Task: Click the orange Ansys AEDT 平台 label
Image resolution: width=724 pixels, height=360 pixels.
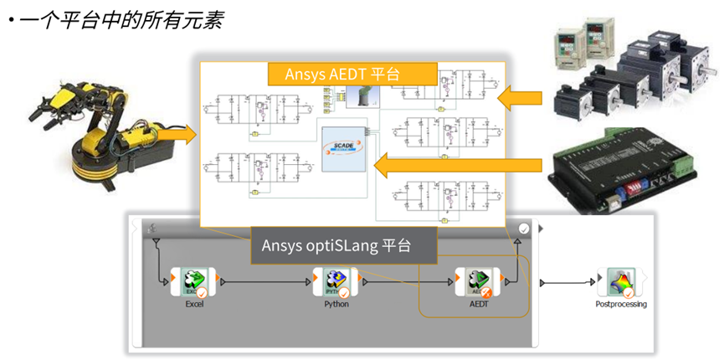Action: [352, 74]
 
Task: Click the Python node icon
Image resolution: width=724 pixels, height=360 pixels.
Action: [335, 282]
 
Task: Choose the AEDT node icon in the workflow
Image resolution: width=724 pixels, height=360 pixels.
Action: [476, 282]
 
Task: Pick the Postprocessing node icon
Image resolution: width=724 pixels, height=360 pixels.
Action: [619, 282]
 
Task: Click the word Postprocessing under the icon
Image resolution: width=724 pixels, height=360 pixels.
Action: [619, 305]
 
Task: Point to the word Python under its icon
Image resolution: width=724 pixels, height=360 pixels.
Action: [336, 304]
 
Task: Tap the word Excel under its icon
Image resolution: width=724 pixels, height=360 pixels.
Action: [194, 304]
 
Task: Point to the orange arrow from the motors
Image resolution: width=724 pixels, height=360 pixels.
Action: [519, 98]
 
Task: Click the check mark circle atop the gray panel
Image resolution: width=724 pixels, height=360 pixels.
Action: [524, 228]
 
